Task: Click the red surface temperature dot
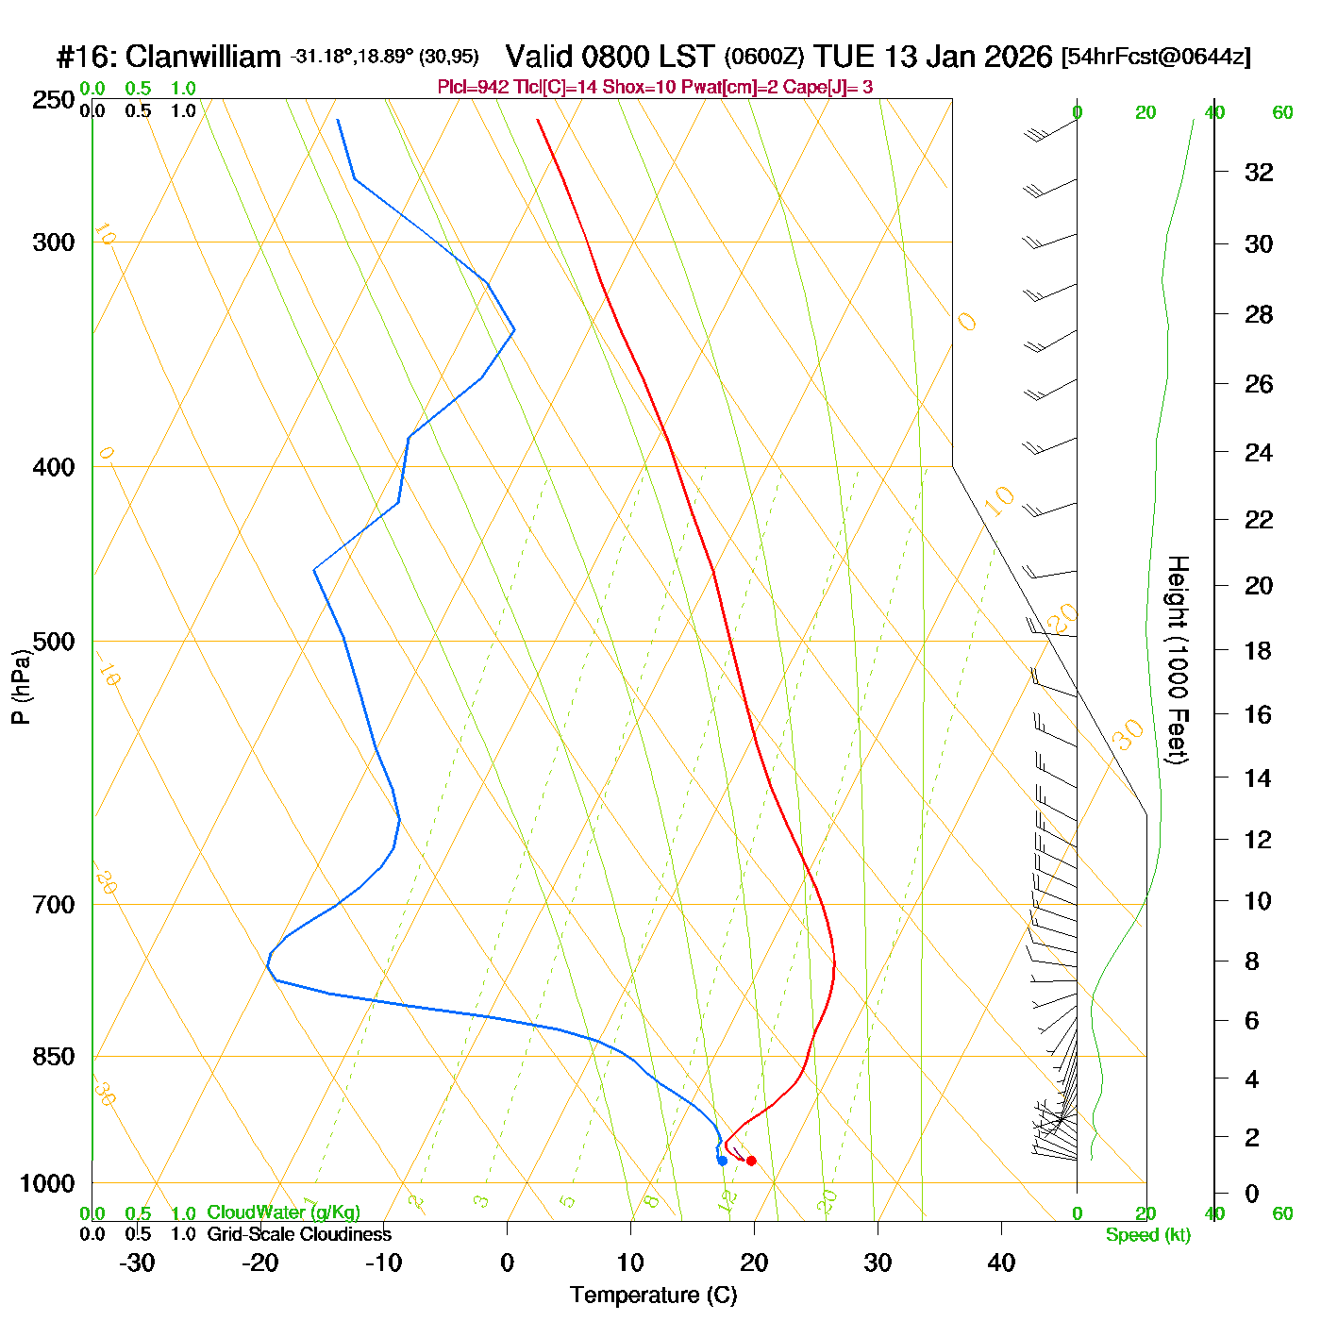point(751,1161)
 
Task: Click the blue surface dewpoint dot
point(722,1161)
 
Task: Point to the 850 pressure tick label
point(53,1057)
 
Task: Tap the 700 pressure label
point(53,905)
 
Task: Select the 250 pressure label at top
point(53,100)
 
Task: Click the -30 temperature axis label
point(137,1262)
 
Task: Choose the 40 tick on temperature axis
point(1001,1262)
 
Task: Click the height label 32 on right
point(1259,173)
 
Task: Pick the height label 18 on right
point(1258,650)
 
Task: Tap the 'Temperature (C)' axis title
point(653,1296)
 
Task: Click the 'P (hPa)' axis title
point(21,686)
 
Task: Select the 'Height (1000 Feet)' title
point(1178,660)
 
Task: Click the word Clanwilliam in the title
point(203,57)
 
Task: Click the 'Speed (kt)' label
point(1147,1235)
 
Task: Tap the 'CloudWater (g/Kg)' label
point(283,1212)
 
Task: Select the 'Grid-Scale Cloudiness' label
point(299,1234)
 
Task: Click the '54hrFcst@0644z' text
point(1156,57)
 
